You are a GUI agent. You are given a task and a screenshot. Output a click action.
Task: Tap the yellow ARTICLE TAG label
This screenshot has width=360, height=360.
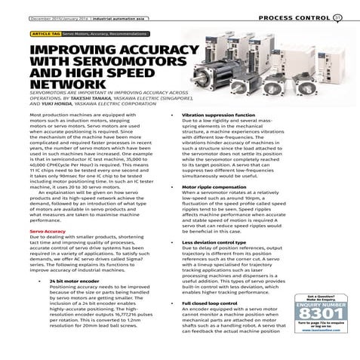pos(45,34)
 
